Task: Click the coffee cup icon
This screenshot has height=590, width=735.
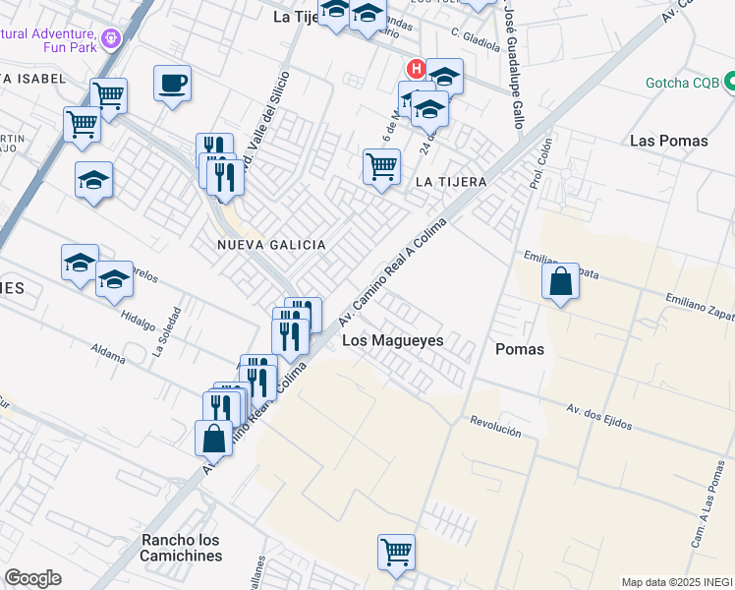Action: (x=172, y=83)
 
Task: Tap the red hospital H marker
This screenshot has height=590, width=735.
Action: (x=416, y=69)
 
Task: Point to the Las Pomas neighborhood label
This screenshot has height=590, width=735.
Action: (x=668, y=141)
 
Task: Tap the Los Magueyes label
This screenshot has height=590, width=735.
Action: (x=393, y=340)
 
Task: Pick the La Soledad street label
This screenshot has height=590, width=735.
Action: (x=167, y=331)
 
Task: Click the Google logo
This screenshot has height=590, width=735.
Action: (x=32, y=578)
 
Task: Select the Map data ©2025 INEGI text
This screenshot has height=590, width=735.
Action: (x=677, y=582)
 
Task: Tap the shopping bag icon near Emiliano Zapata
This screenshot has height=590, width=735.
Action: (x=560, y=283)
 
